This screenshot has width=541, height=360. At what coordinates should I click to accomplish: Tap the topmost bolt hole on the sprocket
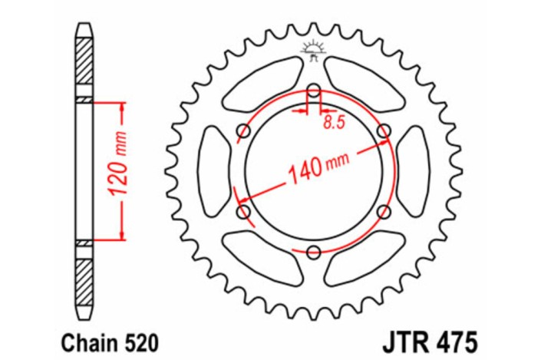click(313, 91)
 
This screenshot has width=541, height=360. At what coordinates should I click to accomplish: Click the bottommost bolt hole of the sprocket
click(313, 250)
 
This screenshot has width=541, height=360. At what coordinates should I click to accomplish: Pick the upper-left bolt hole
click(244, 130)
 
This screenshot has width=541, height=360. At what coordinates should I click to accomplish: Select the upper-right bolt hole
click(383, 130)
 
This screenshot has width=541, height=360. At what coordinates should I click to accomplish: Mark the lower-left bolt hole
click(244, 210)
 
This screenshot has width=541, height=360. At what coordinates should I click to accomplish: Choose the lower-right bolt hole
click(383, 210)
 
